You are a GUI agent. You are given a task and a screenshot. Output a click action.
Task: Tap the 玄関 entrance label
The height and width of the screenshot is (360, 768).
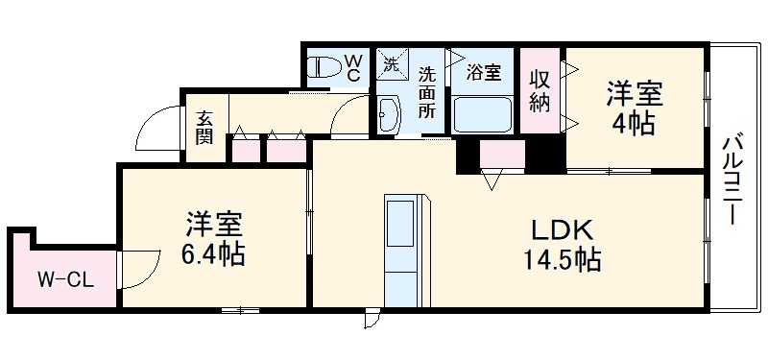(204, 127)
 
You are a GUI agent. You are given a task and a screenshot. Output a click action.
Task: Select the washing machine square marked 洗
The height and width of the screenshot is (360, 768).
(391, 65)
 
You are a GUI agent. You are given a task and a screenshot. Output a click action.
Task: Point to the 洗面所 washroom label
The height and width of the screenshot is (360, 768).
(426, 90)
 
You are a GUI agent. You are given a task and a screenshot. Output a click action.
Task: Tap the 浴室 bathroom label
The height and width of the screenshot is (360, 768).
(483, 70)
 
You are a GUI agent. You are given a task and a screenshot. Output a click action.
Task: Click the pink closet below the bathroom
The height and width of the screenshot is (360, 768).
(501, 155)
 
